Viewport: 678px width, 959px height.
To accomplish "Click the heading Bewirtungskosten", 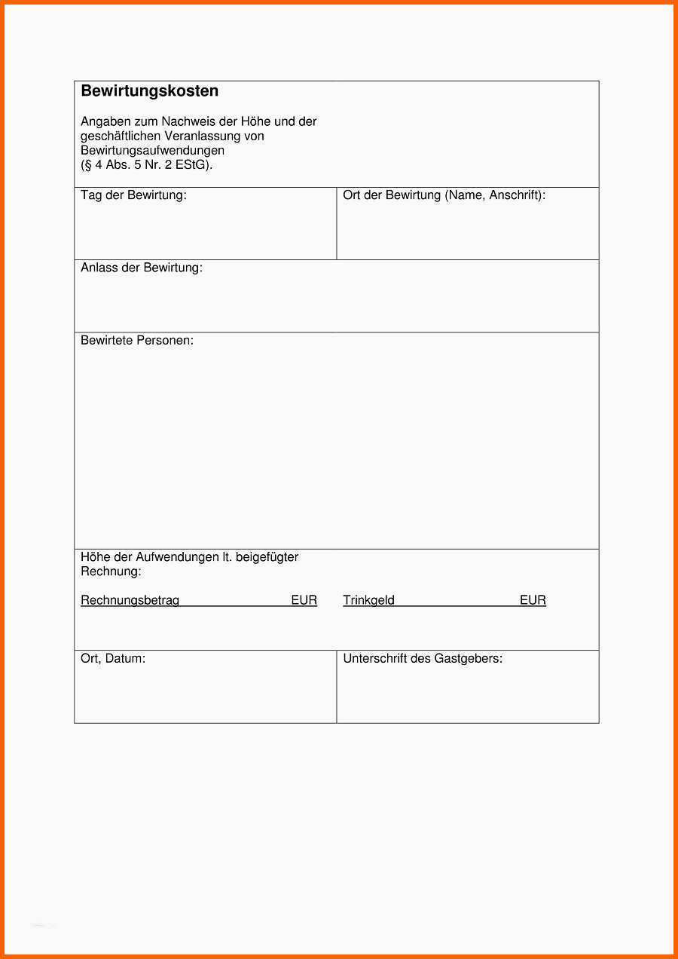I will coord(149,91).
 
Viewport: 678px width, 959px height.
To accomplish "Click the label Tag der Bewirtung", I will coord(133,195).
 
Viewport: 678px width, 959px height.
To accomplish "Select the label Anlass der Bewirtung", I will coord(142,268).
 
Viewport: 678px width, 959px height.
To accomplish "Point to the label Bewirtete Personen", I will coord(137,341).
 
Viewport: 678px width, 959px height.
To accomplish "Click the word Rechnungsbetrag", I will coord(130,601).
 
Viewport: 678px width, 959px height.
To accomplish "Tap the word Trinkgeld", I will coord(368,601).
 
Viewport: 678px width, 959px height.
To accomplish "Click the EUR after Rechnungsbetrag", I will coord(304,601).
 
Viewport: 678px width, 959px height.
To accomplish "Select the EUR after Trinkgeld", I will coord(533,601).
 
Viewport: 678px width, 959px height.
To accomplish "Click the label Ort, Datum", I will coord(113,659).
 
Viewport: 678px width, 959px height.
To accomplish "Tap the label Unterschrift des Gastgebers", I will coord(423,659).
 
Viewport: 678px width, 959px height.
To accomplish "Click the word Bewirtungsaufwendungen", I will coord(153,151).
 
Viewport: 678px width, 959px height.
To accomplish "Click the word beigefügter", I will coord(267,557).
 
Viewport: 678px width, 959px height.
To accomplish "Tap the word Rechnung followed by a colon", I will coord(111,571).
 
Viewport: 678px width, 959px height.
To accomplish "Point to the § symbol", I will coord(87,165).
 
